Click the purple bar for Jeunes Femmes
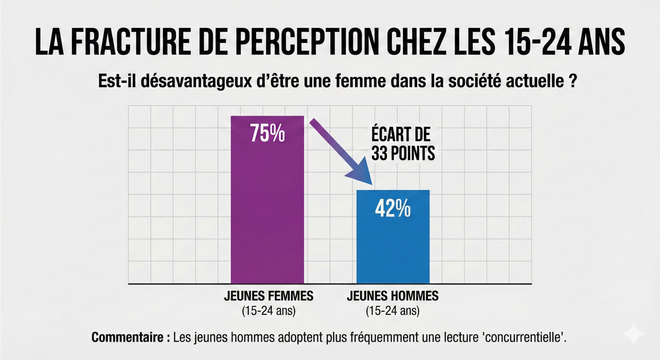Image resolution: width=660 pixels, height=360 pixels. pos(267,213)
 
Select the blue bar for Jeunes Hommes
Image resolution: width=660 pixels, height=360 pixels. pos(393,248)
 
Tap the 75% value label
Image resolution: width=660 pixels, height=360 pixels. pos(267,133)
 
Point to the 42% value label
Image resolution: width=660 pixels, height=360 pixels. pos(393,208)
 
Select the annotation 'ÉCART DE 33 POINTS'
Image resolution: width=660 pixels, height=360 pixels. pos(403,144)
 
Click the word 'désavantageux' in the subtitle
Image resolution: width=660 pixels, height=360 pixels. pos(196,81)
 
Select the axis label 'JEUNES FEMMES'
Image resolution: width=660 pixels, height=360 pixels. pos(268,296)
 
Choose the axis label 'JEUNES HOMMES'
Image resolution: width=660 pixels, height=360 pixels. pos(393,296)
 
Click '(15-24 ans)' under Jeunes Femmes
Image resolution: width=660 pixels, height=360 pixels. pos(268,311)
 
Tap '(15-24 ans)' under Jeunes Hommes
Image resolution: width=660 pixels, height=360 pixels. pos(393,311)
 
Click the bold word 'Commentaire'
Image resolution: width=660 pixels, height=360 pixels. pos(128,337)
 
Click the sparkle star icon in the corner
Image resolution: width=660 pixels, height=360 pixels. pos(634,334)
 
